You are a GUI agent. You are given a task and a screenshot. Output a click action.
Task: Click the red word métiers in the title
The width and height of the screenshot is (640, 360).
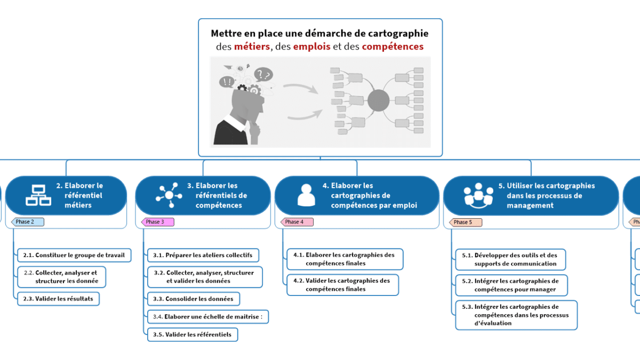(252, 46)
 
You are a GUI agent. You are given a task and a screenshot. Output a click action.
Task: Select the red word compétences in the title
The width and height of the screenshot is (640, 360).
(393, 46)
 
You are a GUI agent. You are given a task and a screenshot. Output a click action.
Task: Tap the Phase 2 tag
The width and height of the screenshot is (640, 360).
(27, 222)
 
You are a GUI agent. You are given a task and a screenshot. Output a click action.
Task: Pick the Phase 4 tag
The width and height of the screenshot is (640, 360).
(297, 222)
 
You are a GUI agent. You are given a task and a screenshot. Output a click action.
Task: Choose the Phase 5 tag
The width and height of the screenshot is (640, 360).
(466, 222)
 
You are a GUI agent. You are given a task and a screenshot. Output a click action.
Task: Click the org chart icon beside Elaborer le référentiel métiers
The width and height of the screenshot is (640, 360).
(38, 196)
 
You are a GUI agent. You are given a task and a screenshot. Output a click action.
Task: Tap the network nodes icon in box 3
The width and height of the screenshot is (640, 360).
(169, 196)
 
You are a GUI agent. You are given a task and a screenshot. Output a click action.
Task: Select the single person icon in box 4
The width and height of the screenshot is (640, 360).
(306, 196)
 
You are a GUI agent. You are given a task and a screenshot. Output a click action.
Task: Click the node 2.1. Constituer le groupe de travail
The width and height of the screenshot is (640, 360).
(74, 255)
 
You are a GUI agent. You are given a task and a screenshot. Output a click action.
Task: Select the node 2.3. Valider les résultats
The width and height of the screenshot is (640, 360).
(58, 299)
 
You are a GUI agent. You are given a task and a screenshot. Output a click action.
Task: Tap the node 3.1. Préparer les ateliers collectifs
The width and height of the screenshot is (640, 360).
(203, 255)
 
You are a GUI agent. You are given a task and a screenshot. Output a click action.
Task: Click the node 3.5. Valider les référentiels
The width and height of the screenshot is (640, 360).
(192, 334)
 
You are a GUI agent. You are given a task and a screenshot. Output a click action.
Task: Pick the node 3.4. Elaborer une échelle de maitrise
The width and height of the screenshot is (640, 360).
(207, 317)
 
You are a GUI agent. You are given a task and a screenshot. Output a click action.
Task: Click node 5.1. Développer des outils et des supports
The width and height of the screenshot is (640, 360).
(510, 260)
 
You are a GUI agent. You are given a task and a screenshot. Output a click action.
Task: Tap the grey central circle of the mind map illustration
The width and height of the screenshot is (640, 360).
(378, 100)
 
